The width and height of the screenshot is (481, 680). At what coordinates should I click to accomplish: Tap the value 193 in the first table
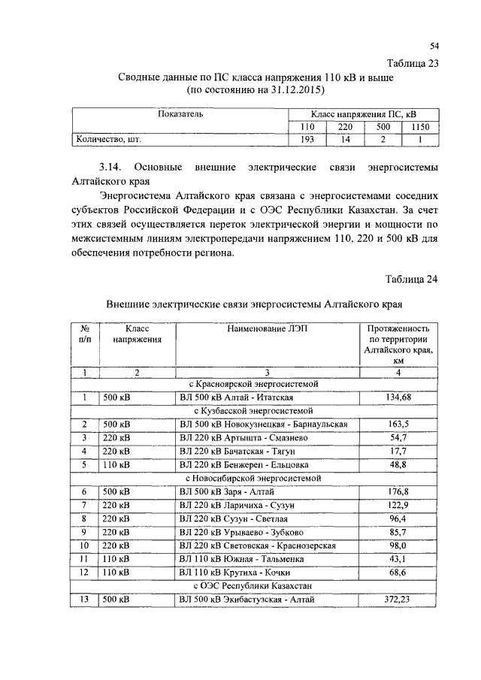pyautogui.click(x=307, y=139)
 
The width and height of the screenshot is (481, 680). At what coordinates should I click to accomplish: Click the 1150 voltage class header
pyautogui.click(x=420, y=127)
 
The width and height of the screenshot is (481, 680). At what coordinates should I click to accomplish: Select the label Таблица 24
pyautogui.click(x=412, y=280)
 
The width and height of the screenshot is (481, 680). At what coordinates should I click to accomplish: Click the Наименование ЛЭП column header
pyautogui.click(x=268, y=328)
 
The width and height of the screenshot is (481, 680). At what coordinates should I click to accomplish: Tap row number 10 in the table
pyautogui.click(x=85, y=545)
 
